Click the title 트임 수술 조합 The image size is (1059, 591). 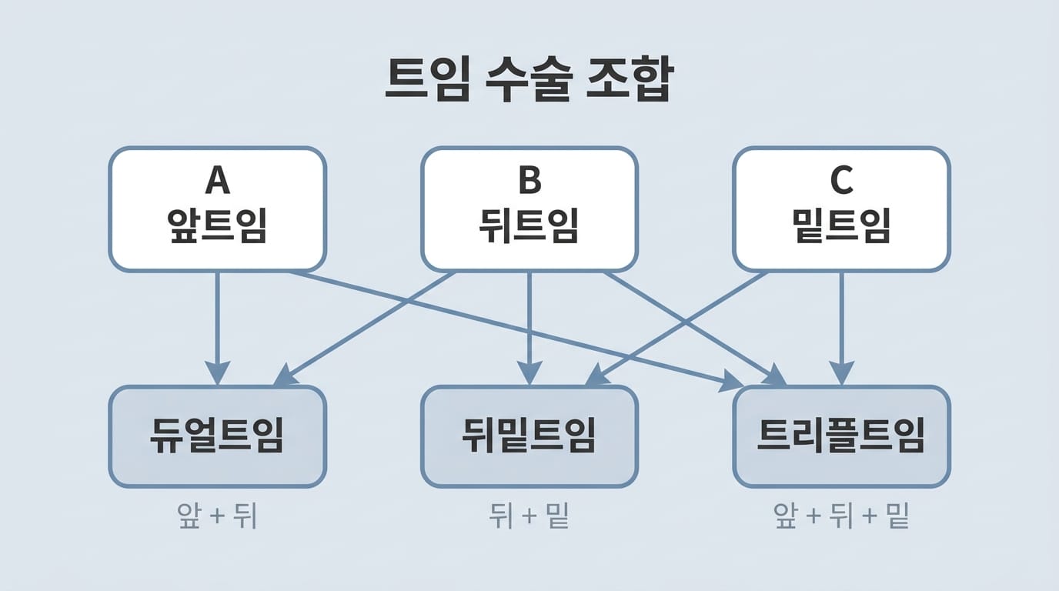[528, 80]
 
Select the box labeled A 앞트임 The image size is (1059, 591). [217, 209]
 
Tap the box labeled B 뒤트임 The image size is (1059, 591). [529, 209]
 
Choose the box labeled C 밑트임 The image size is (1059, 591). [841, 209]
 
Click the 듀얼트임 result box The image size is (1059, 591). [217, 436]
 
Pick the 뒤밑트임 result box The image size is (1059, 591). [529, 436]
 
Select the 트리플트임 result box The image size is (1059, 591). [841, 436]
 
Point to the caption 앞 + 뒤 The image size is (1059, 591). [216, 516]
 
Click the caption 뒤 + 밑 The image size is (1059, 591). [529, 516]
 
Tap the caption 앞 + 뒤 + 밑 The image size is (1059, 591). [841, 516]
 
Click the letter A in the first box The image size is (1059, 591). [217, 181]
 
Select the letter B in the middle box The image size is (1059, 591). [529, 181]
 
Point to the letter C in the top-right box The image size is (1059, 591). [841, 181]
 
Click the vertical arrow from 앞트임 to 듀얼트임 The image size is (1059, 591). [217, 323]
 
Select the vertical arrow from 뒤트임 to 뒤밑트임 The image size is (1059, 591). [529, 323]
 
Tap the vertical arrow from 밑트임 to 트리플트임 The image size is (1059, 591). [841, 323]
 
